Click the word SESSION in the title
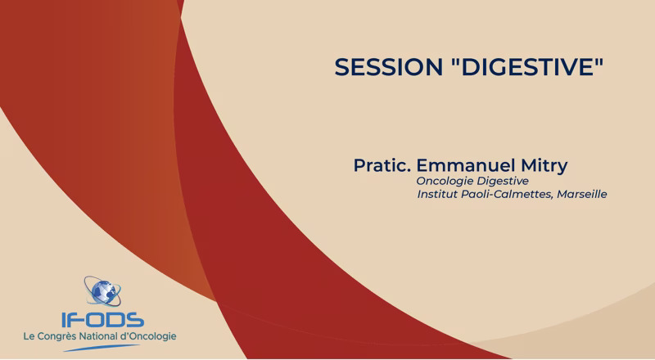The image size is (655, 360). point(388,67)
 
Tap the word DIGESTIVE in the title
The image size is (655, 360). point(528,67)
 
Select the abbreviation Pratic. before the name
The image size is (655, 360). point(382,165)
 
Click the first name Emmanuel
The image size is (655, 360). point(465,165)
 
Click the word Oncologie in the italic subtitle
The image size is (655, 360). point(445,182)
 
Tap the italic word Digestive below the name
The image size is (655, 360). point(503,182)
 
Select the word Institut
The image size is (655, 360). point(437,194)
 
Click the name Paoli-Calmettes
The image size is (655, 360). point(507,194)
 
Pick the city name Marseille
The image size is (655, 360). point(582,194)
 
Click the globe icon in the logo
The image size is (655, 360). point(103,291)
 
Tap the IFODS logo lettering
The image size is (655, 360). point(103,320)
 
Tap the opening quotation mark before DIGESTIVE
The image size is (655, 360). point(455,61)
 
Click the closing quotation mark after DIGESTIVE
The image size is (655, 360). point(600,61)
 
